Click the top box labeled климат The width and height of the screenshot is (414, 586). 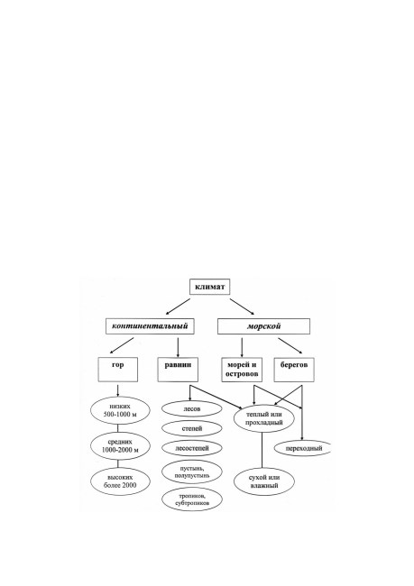pyautogui.click(x=209, y=287)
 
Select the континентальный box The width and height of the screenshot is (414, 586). pyautogui.click(x=150, y=325)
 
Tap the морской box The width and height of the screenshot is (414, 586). pyautogui.click(x=263, y=326)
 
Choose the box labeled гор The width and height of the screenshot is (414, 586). pyautogui.click(x=118, y=370)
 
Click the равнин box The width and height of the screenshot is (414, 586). pyautogui.click(x=178, y=370)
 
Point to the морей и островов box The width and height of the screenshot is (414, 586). pyautogui.click(x=242, y=370)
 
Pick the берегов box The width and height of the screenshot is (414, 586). pyautogui.click(x=294, y=370)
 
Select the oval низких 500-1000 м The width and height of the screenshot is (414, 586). pyautogui.click(x=120, y=410)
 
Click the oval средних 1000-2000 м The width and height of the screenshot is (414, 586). pyautogui.click(x=120, y=446)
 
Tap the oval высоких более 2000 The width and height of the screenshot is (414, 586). pyautogui.click(x=120, y=481)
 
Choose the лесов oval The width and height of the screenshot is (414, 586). pyautogui.click(x=192, y=409)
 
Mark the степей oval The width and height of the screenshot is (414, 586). pyautogui.click(x=192, y=428)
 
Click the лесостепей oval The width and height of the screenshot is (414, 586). pyautogui.click(x=192, y=448)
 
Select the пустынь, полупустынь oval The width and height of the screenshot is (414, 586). pyautogui.click(x=192, y=472)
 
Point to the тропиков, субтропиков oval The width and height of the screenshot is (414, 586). pyautogui.click(x=192, y=499)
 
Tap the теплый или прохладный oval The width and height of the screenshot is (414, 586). pyautogui.click(x=264, y=418)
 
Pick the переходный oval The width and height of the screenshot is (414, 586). pyautogui.click(x=303, y=448)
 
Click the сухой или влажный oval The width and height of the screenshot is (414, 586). pyautogui.click(x=264, y=481)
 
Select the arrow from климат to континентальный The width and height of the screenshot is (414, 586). pyautogui.click(x=178, y=307)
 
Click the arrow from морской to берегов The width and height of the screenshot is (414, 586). pyautogui.click(x=290, y=345)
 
